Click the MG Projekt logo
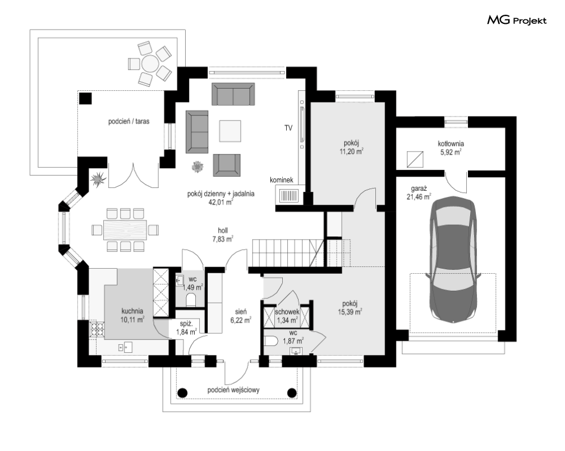click(x=517, y=20)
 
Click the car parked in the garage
click(x=453, y=259)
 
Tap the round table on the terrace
click(x=150, y=64)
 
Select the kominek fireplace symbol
click(x=289, y=195)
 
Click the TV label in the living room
click(x=288, y=128)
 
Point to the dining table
click(x=125, y=229)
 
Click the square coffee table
click(x=230, y=131)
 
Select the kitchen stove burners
click(x=97, y=329)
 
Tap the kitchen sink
click(x=125, y=347)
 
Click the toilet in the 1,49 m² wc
click(x=191, y=300)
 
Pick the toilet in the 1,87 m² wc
click(x=271, y=341)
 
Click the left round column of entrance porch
click(x=183, y=392)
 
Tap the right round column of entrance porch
click(x=291, y=392)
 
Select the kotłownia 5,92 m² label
click(x=451, y=148)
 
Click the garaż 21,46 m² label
click(x=418, y=193)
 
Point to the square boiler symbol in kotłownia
click(x=415, y=160)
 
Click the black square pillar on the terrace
click(x=85, y=98)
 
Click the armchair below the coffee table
click(x=227, y=165)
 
